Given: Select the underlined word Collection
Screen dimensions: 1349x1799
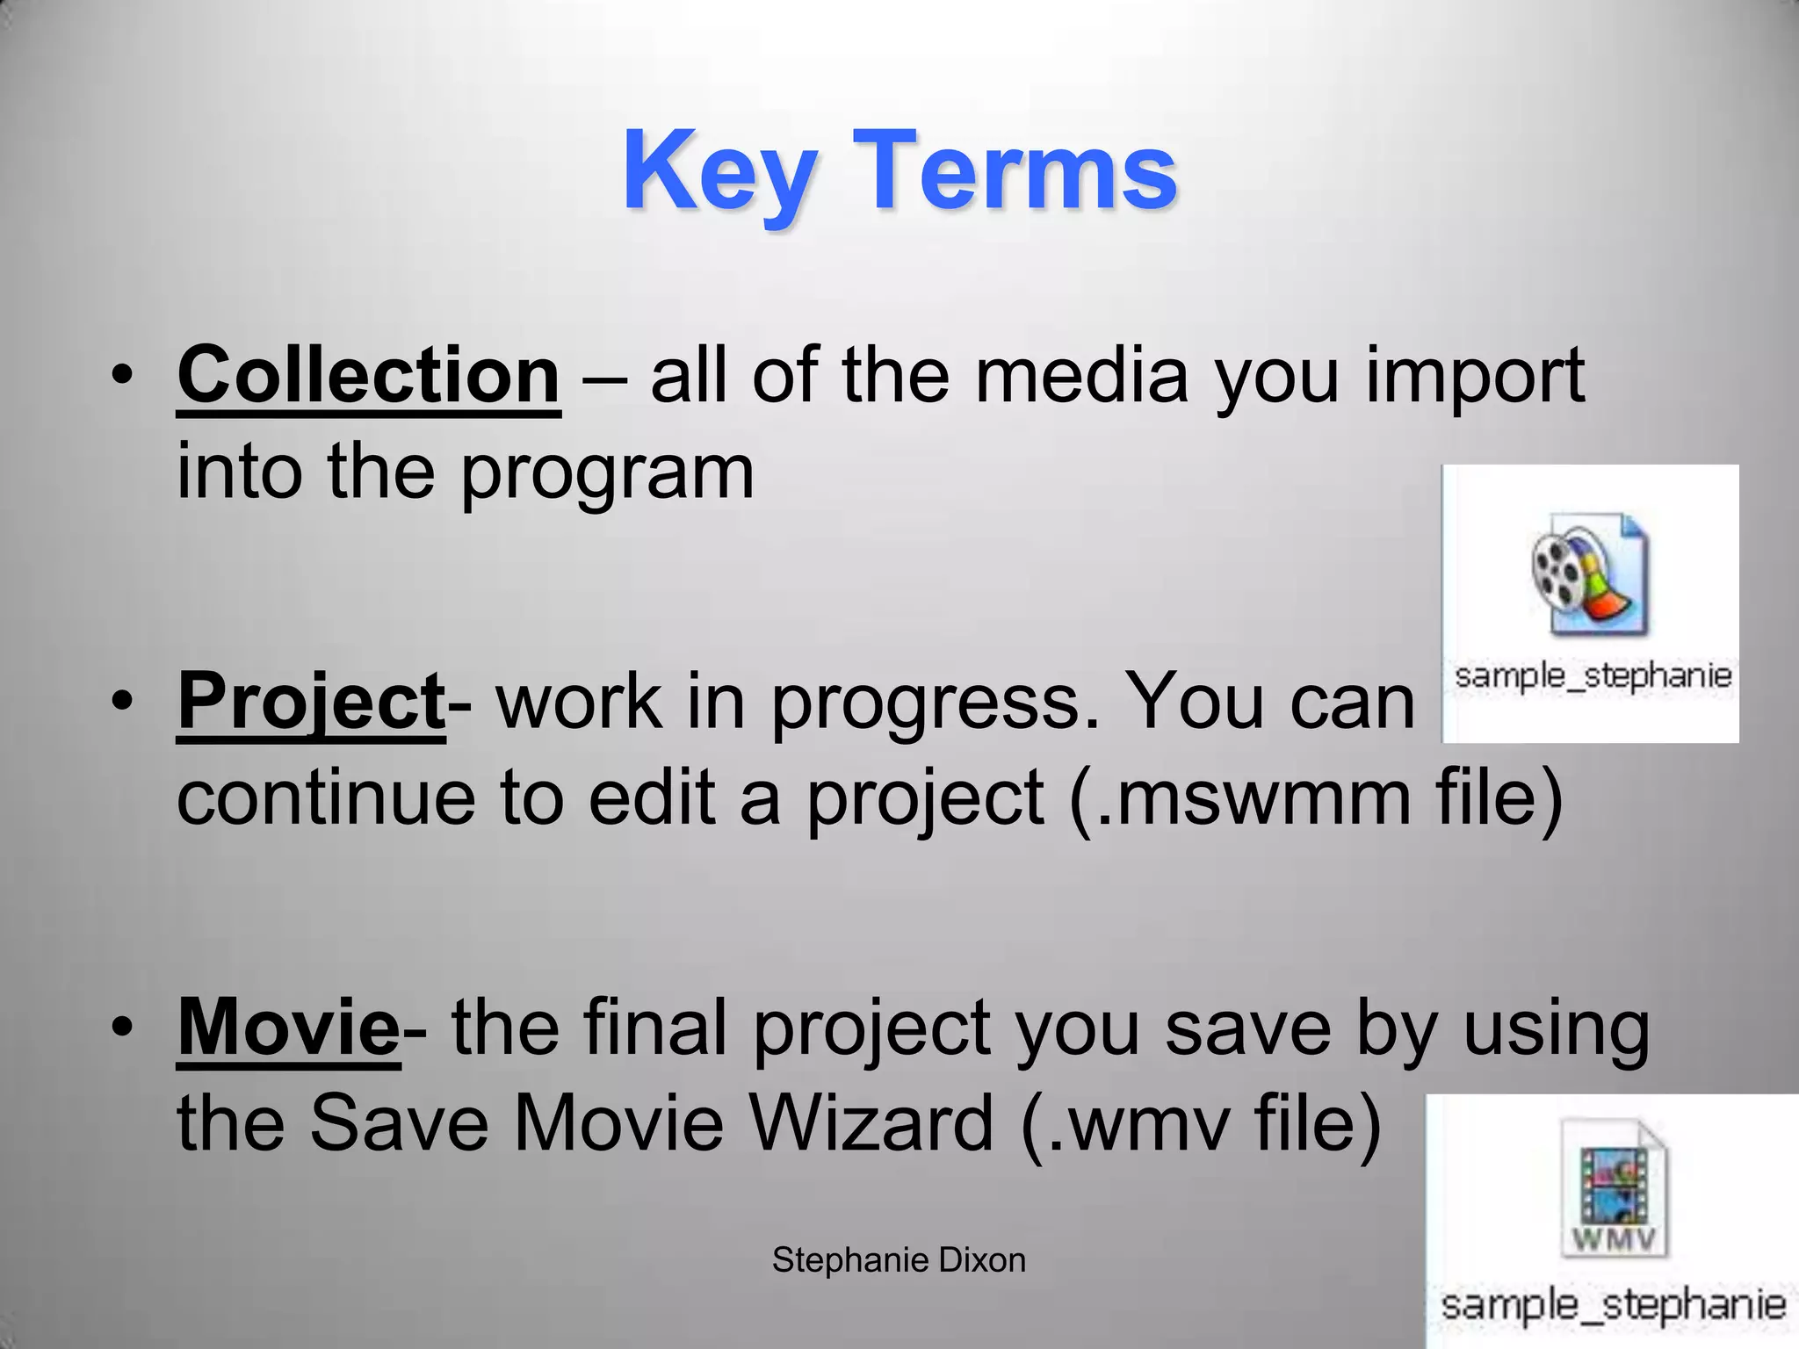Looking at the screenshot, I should point(368,376).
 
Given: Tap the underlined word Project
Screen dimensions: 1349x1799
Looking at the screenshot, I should point(311,702).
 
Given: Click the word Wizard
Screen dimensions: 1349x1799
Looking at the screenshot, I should point(871,1123).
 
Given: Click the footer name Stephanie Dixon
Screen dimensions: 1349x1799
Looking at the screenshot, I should point(899,1260).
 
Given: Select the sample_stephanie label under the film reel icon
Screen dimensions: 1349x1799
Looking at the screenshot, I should point(1593,676).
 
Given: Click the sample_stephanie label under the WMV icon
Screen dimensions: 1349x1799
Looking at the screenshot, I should point(1613,1304).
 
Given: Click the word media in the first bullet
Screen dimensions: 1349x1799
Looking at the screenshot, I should point(1080,376).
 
